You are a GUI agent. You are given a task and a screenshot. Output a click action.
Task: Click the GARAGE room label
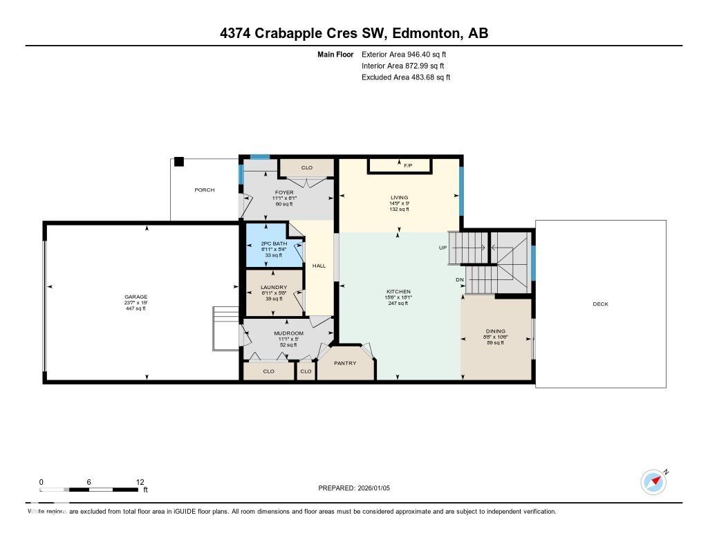(136, 297)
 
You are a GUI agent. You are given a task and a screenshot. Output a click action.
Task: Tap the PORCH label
(204, 190)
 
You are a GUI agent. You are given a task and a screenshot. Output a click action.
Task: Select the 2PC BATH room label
(274, 243)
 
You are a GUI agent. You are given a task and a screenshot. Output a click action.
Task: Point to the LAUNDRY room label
(274, 287)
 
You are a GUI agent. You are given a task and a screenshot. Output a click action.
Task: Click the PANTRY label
(345, 363)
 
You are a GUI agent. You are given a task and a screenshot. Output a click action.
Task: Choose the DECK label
(600, 304)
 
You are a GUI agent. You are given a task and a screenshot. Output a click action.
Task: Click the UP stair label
(442, 248)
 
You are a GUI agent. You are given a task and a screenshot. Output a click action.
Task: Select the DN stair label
(460, 279)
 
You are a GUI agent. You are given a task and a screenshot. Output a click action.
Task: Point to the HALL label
(319, 266)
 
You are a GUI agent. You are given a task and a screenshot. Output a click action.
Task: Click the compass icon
(653, 482)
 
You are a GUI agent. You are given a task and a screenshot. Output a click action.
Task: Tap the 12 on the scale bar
(140, 482)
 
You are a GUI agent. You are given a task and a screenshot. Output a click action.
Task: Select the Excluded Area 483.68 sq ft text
(406, 77)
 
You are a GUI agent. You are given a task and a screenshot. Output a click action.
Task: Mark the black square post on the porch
(179, 162)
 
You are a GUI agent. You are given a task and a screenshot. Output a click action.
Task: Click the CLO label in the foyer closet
(307, 167)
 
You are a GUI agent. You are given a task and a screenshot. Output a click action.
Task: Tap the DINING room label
(495, 331)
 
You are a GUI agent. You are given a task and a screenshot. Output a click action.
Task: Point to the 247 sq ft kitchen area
(398, 303)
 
